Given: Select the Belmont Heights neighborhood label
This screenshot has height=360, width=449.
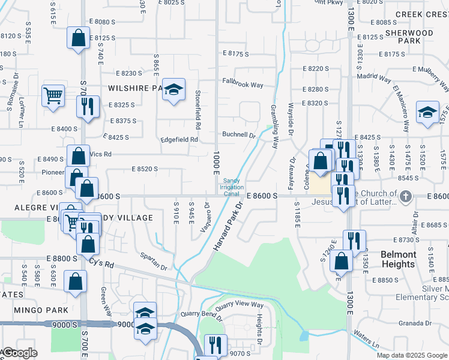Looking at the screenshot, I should (398, 259).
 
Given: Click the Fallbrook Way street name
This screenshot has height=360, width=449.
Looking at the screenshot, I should (243, 85).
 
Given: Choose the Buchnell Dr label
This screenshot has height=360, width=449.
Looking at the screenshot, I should (239, 135).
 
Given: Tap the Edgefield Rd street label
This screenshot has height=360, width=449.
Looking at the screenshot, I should (179, 140).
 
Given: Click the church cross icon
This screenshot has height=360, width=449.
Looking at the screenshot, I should (406, 196).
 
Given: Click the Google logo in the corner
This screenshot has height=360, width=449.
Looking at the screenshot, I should (20, 353).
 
